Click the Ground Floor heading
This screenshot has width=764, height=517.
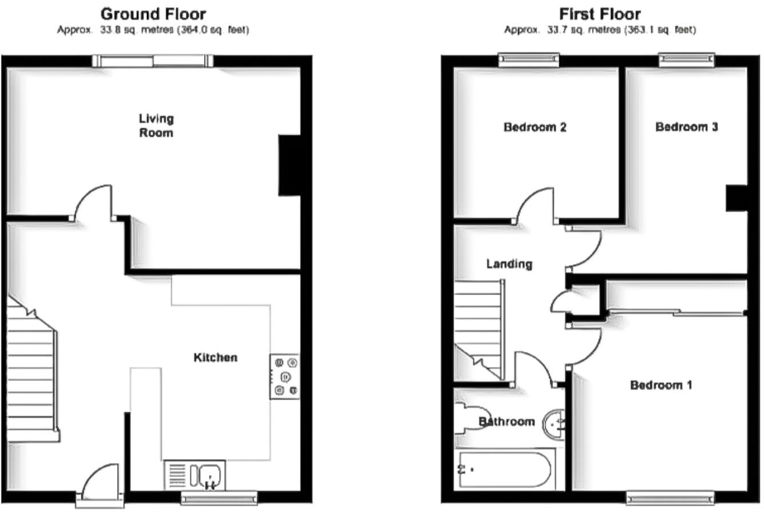pos(153,14)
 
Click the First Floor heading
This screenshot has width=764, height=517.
pos(599,14)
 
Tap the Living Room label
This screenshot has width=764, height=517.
pos(156,125)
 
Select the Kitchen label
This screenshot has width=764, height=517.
pos(215,357)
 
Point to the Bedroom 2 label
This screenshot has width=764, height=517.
pos(535,127)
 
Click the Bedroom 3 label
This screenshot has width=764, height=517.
pos(686,127)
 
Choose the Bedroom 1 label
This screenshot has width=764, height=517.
pos(660,385)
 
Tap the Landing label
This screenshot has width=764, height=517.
pos(509,264)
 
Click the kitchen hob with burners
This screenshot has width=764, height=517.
pos(285,376)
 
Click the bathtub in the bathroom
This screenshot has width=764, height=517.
pos(503,470)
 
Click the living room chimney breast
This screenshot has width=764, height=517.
pos(289,165)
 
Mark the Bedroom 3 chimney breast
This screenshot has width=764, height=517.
pos(736,198)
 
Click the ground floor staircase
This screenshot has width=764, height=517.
pos(31,372)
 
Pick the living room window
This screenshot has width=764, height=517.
pos(153,61)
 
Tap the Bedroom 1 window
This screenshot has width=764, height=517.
pos(670,498)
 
